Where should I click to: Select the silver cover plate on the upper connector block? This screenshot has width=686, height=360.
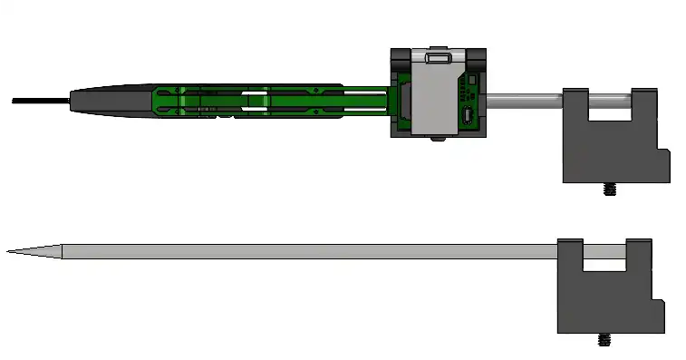click(434, 95)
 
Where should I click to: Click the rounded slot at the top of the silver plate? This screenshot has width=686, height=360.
click(435, 58)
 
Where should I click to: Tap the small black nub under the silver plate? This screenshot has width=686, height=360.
click(437, 138)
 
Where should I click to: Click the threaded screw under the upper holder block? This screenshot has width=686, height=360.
click(609, 190)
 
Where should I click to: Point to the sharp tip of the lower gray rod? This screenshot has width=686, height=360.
click(11, 251)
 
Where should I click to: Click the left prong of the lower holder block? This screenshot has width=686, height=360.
click(569, 254)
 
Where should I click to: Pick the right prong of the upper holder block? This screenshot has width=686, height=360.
click(643, 104)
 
